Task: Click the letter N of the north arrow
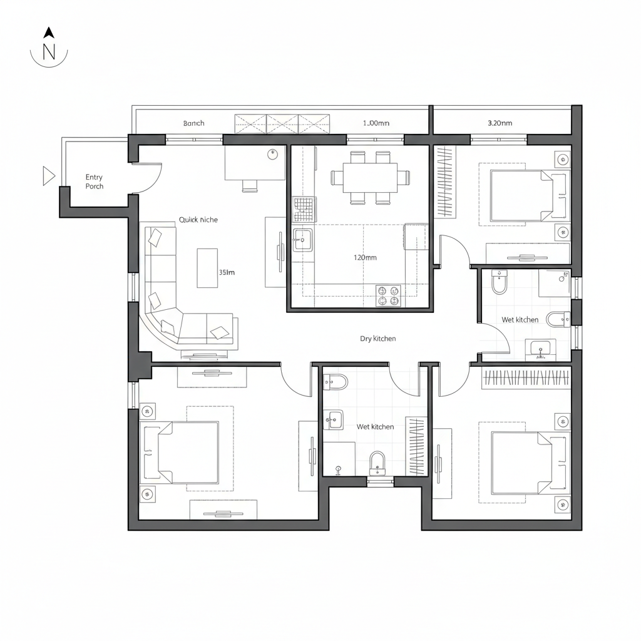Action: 49,53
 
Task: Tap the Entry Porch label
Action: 95,182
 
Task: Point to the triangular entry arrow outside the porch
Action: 48,176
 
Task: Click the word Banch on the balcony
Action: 193,123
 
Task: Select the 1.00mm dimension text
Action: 376,123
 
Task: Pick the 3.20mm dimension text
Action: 500,123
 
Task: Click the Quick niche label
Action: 198,220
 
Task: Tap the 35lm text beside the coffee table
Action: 227,272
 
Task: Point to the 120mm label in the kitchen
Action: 365,257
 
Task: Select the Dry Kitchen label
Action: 377,339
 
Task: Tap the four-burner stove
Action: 388,295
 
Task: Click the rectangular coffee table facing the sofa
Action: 207,267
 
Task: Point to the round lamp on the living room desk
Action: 272,155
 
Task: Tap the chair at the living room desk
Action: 250,185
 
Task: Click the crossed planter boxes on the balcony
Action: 282,123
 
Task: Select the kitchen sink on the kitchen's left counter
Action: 302,240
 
